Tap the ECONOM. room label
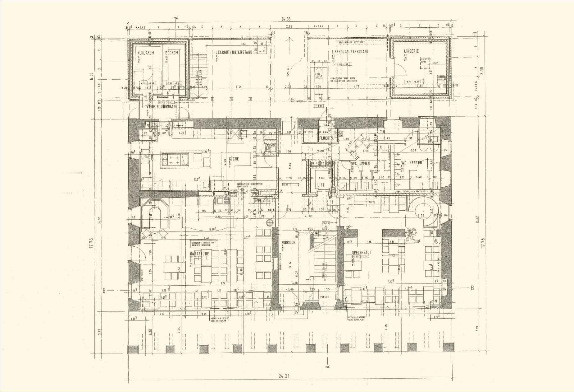click(172, 53)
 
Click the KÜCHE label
click(234, 159)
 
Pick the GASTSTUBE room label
click(200, 254)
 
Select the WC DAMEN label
click(361, 163)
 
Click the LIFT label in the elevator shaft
click(321, 185)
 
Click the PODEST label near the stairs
click(324, 297)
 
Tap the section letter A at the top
click(177, 18)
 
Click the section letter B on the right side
click(472, 288)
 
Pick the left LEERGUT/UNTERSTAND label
click(234, 52)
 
